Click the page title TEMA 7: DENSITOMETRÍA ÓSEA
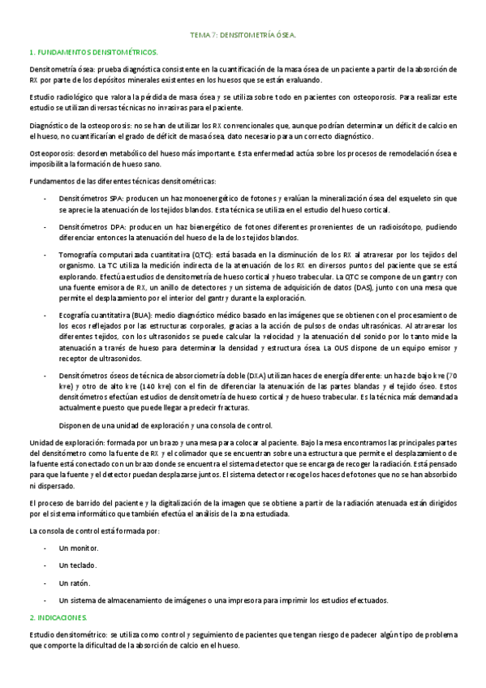pyautogui.click(x=243, y=37)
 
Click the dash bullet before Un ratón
pyautogui.click(x=45, y=583)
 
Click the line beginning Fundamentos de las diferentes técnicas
pyautogui.click(x=122, y=180)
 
